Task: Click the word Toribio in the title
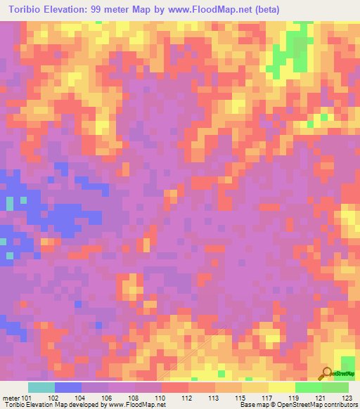coord(29,10)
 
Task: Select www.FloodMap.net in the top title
coord(215,10)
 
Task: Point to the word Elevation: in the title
coord(73,10)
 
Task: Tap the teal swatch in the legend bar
coord(41,387)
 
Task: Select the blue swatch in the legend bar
coord(68,387)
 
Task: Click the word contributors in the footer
coord(342,404)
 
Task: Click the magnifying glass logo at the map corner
coord(326,374)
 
